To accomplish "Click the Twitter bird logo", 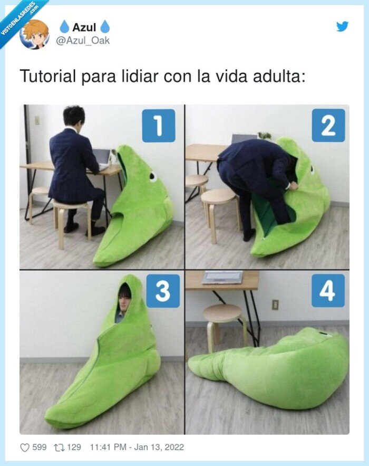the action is [342, 26].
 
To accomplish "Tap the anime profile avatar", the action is [34, 34].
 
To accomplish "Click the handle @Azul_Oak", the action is [83, 41].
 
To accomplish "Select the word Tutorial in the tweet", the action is [48, 76].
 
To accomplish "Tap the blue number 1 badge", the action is [159, 126].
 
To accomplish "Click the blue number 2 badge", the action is [328, 126].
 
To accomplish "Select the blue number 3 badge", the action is [163, 291].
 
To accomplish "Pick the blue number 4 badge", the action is [328, 291].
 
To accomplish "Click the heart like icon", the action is [25, 448].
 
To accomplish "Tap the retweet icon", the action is [59, 448].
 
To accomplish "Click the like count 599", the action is [39, 448].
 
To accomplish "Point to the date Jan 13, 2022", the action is [159, 448].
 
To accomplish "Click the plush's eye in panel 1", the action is [153, 177].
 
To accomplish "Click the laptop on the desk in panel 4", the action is [222, 277].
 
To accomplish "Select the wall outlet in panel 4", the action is [276, 305].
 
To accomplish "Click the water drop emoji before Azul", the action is [64, 27].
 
